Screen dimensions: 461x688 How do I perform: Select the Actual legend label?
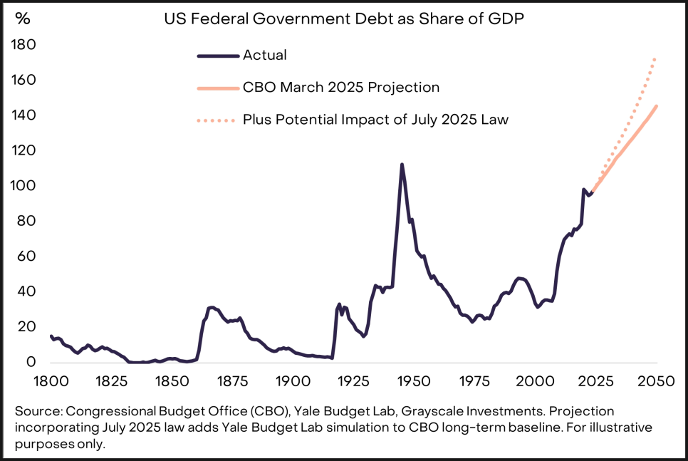(x=264, y=55)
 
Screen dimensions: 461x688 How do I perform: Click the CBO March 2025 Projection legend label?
(x=340, y=87)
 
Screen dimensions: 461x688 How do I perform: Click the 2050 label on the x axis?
(x=656, y=380)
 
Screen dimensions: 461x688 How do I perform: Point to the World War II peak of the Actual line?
(x=402, y=165)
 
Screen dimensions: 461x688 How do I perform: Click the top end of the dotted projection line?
(x=655, y=58)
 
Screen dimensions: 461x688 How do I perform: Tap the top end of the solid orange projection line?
(x=656, y=106)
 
